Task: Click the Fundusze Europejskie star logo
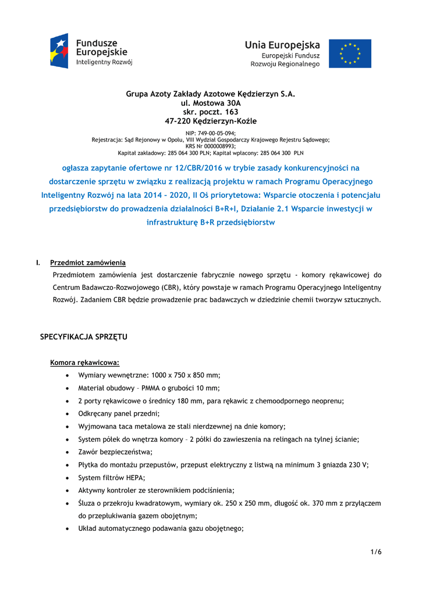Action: pyautogui.click(x=60, y=51)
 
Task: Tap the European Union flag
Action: pyautogui.click(x=350, y=54)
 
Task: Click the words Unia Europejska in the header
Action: pyautogui.click(x=282, y=45)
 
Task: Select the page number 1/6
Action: pyautogui.click(x=376, y=552)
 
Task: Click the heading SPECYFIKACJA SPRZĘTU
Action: pyautogui.click(x=83, y=337)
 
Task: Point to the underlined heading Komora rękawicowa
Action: pyautogui.click(x=84, y=363)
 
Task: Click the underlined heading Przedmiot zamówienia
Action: pyautogui.click(x=88, y=262)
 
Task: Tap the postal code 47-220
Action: pyautogui.click(x=178, y=121)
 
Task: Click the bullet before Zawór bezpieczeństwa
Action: pyautogui.click(x=69, y=452)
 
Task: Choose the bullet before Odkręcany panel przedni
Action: pyautogui.click(x=69, y=414)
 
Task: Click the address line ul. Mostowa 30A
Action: pyautogui.click(x=211, y=102)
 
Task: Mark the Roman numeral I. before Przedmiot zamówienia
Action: pyautogui.click(x=38, y=262)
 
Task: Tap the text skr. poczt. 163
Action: pyautogui.click(x=211, y=112)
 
